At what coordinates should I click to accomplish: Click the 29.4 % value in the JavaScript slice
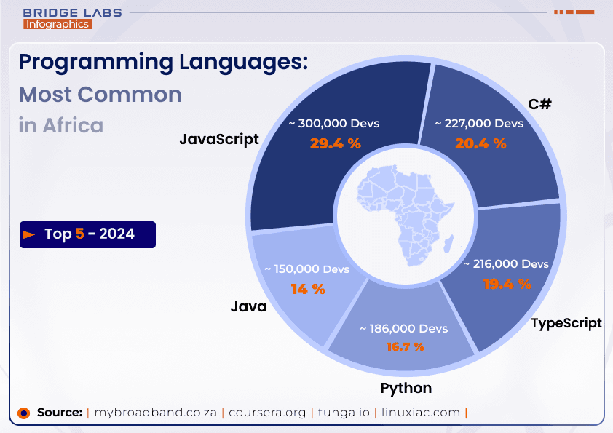335,143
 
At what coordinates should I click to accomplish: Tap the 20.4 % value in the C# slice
480,143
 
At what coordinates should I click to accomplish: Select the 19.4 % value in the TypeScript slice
507,284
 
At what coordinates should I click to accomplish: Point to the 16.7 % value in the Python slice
405,346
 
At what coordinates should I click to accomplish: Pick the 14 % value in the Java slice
307,289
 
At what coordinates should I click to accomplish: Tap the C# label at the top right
539,104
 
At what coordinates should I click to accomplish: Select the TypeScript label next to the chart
566,322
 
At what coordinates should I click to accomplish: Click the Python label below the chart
406,387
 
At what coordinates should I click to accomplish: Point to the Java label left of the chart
248,306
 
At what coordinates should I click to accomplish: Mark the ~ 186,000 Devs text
404,329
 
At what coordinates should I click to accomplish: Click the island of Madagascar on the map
448,242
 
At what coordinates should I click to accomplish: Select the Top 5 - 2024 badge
88,234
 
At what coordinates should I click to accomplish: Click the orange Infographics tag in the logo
58,24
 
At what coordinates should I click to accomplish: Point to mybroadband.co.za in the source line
156,412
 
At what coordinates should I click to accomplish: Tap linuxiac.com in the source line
425,412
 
